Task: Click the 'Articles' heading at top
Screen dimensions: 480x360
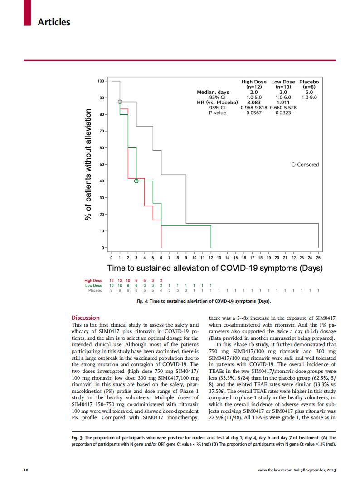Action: (x=54, y=21)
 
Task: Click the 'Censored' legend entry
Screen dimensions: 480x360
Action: (x=308, y=164)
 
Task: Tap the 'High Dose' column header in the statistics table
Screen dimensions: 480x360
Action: (x=254, y=82)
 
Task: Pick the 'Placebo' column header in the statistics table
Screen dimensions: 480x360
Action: (x=309, y=82)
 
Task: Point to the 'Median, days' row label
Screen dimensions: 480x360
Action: (x=213, y=92)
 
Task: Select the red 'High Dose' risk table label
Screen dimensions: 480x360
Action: (x=93, y=281)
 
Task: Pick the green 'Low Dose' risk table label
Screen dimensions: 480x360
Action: (x=93, y=286)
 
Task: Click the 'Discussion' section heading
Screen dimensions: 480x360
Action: (x=86, y=318)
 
